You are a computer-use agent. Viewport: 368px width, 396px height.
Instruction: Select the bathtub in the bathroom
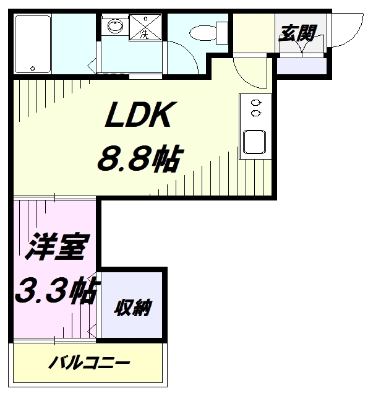pos(32,43)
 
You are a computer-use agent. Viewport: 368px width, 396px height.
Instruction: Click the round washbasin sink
pos(114,27)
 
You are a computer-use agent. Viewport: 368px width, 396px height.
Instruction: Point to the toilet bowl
pos(201,31)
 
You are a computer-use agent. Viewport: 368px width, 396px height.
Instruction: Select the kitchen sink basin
pos(255,142)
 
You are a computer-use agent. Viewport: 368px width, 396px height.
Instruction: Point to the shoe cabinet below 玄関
pos(301,65)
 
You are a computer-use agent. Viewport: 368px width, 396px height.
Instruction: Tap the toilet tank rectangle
pos(220,31)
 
